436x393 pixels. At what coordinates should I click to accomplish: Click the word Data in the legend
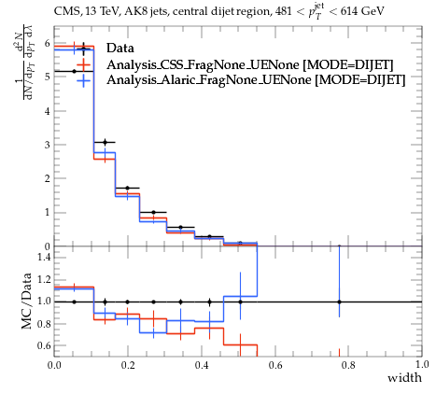(x=120, y=48)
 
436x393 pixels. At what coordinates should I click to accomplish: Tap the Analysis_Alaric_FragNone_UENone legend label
(x=209, y=80)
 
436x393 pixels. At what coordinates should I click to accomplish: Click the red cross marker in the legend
(x=83, y=64)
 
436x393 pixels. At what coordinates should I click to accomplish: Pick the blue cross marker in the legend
(x=83, y=80)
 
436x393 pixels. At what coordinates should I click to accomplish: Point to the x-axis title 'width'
(x=404, y=378)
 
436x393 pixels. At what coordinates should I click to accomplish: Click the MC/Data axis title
(x=27, y=302)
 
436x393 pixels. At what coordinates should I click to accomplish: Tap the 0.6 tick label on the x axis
(x=275, y=364)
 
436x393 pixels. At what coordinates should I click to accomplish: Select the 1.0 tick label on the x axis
(x=422, y=364)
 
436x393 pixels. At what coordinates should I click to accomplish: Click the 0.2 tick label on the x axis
(x=128, y=364)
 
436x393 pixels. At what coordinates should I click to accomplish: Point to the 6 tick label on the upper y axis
(x=47, y=43)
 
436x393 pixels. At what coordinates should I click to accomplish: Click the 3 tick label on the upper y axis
(x=47, y=145)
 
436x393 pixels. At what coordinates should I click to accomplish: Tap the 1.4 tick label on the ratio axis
(x=44, y=257)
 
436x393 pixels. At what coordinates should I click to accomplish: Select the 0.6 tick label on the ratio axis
(x=44, y=345)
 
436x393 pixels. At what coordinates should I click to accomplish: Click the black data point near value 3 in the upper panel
(x=105, y=142)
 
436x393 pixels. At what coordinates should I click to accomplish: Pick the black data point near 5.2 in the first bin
(x=74, y=71)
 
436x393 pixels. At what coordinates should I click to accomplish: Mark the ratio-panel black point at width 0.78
(x=339, y=302)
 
